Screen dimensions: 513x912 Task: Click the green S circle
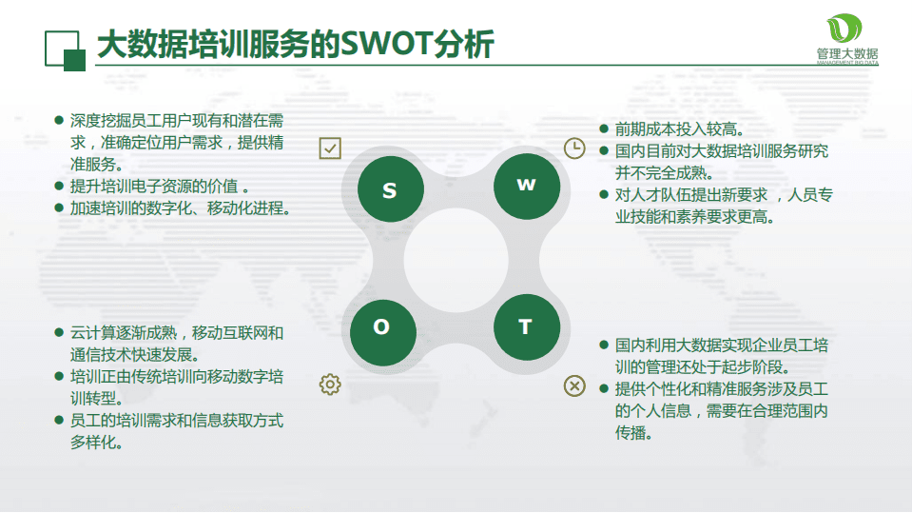(389, 190)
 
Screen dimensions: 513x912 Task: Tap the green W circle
(526, 186)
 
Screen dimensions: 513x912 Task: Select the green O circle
(381, 328)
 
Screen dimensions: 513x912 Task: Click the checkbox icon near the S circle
(330, 148)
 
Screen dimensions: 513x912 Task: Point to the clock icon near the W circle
(574, 148)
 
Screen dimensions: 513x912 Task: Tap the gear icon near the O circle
(330, 384)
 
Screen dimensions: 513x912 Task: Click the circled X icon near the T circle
(574, 385)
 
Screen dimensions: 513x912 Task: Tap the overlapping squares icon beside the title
(65, 49)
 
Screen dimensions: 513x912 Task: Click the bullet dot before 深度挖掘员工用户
(59, 121)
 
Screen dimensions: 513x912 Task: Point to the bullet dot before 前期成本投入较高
(603, 128)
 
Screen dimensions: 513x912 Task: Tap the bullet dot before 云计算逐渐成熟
(59, 333)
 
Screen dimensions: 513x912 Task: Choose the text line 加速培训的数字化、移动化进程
(180, 207)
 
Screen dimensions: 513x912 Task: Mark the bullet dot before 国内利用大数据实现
(603, 345)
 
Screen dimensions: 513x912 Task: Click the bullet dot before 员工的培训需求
(59, 420)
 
